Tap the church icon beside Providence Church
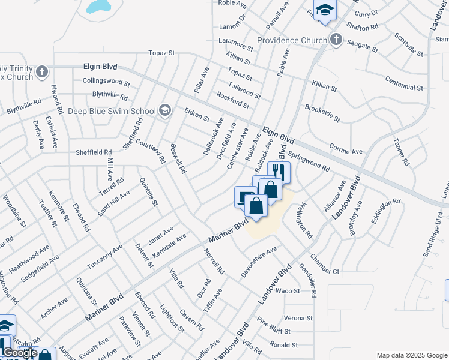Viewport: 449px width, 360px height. click(x=336, y=40)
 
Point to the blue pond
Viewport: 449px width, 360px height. click(x=98, y=6)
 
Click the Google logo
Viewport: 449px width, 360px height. click(x=20, y=353)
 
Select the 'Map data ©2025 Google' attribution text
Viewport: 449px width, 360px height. click(x=412, y=355)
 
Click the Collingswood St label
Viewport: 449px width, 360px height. click(x=106, y=81)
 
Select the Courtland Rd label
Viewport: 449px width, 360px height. click(x=150, y=150)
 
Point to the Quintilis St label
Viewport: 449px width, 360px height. click(x=148, y=195)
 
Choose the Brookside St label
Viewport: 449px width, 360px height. click(x=322, y=112)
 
